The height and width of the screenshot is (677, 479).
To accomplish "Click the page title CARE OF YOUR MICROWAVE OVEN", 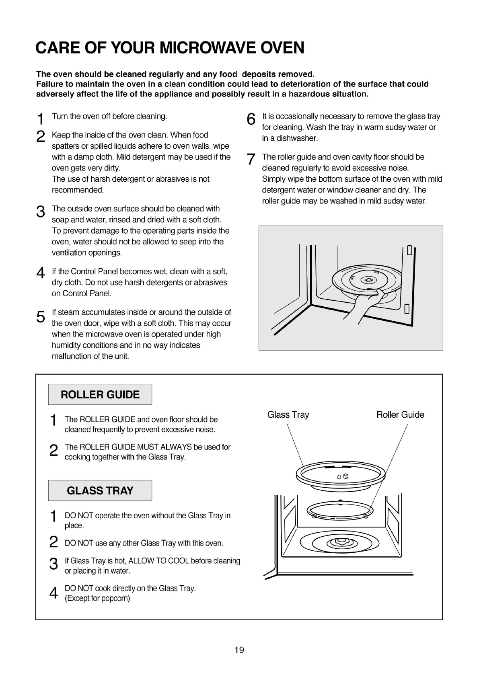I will (170, 48).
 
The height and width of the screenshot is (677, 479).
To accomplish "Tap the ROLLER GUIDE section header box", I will (100, 394).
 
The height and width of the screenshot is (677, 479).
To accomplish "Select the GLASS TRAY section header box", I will (100, 490).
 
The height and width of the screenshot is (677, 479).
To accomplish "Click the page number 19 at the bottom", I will (239, 650).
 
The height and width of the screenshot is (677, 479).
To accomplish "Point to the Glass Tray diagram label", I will (288, 414).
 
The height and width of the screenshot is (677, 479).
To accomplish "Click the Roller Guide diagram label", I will (400, 414).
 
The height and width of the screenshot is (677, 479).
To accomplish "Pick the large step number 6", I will (251, 119).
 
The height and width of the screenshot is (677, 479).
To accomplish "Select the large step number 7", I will (251, 160).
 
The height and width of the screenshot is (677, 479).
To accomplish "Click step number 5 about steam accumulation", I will (41, 316).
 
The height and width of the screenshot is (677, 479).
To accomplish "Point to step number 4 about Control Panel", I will (41, 273).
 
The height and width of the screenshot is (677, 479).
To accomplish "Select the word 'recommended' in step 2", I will (77, 190).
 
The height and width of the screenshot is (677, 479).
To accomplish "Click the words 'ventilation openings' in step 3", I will (87, 253).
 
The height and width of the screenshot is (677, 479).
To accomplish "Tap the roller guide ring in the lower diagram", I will (340, 512).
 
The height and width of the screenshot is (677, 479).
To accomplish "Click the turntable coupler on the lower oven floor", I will (342, 543).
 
